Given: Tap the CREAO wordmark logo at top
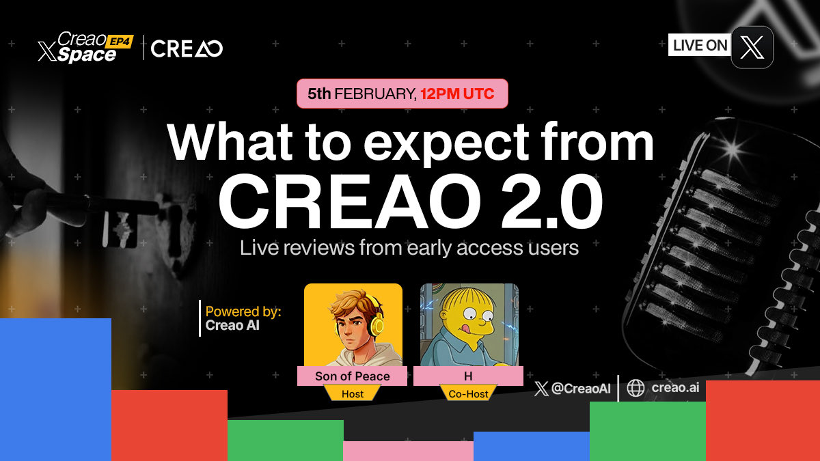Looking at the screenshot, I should [x=187, y=49].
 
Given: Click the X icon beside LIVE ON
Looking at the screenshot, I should [x=752, y=47].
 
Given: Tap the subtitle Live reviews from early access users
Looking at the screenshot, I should [x=409, y=247].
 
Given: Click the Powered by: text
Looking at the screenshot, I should [x=243, y=312].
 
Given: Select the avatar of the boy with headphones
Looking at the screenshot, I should [x=353, y=324].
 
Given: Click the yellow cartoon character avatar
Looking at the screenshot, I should [x=469, y=324].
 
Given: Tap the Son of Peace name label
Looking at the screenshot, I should [x=353, y=376].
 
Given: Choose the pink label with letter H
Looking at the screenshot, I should [x=468, y=376].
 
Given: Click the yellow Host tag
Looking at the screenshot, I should [x=353, y=394].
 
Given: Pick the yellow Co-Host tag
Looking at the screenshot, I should [x=468, y=394].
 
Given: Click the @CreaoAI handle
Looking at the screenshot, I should [x=579, y=388].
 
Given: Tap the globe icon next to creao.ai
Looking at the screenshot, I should [x=635, y=388].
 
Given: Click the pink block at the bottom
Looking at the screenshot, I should [x=408, y=451].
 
